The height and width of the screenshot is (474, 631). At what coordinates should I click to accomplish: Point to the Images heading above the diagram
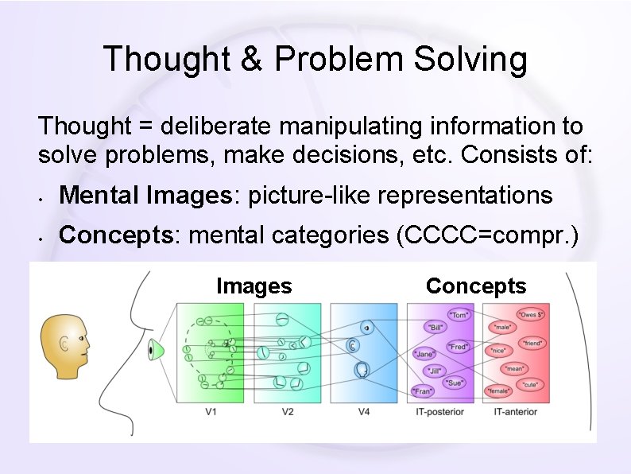254,286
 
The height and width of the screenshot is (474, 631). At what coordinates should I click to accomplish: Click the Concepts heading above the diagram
476,286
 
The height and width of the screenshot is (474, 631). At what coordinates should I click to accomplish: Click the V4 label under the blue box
362,411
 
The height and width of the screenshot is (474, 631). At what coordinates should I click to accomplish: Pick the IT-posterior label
439,411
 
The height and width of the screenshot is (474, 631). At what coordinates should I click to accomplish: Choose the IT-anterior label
516,411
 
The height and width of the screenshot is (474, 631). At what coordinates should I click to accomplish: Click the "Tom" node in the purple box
459,314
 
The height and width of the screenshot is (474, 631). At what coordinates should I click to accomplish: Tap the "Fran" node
423,391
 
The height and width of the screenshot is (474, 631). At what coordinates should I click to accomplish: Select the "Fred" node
458,347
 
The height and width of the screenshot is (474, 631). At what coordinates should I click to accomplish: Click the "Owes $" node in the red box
532,314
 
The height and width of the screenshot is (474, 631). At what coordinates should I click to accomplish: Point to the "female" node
499,391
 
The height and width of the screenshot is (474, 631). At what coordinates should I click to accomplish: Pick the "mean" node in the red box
516,369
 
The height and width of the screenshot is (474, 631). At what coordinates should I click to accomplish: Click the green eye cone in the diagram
155,349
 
